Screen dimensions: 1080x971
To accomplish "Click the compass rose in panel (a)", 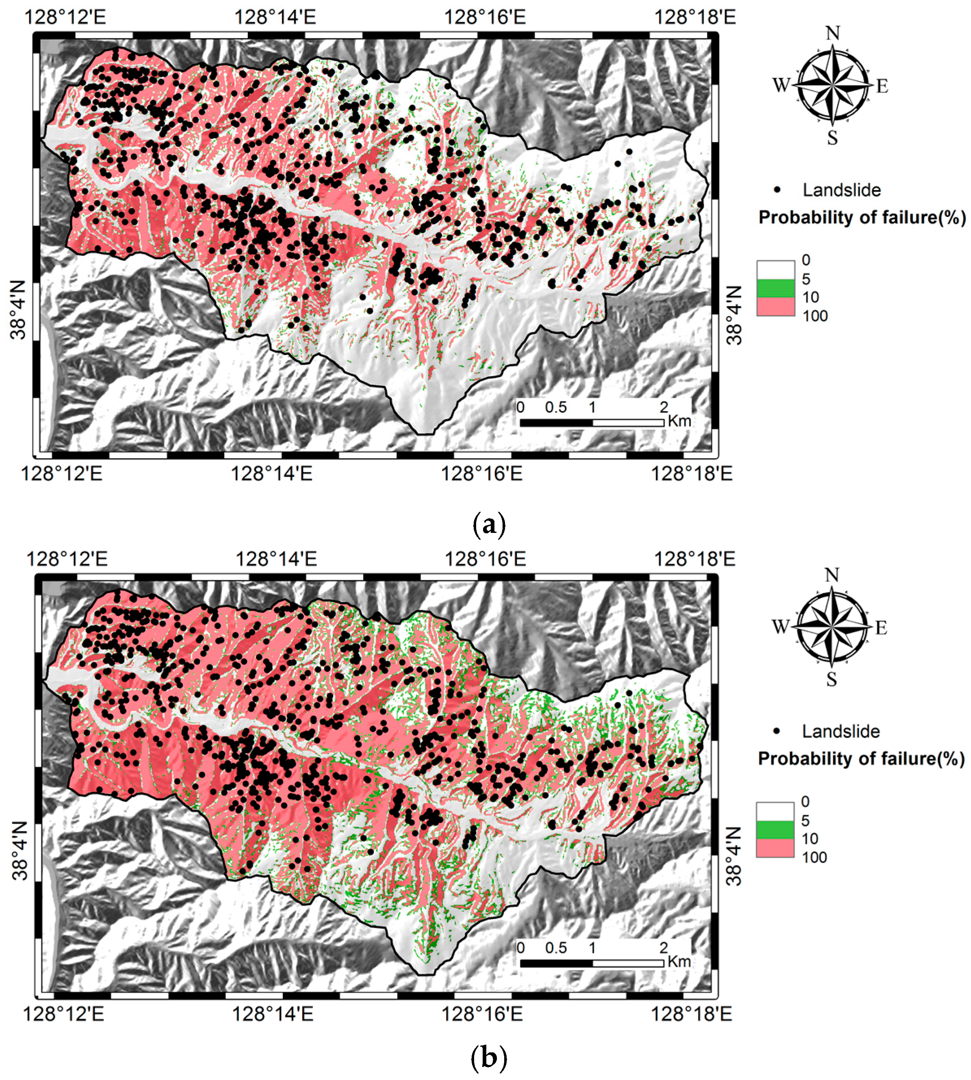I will pyautogui.click(x=832, y=85).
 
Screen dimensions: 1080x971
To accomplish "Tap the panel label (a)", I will pyautogui.click(x=489, y=525).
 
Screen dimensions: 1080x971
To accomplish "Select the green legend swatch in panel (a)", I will pyautogui.click(x=775, y=288).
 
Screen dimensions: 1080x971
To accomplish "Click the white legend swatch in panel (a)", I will pyautogui.click(x=775, y=269).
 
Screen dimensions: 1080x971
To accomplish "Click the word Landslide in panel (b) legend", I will pyautogui.click(x=841, y=731).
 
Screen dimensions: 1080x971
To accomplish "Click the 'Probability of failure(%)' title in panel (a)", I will pyautogui.click(x=862, y=218).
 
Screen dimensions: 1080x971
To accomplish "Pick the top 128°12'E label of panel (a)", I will pyautogui.click(x=65, y=17).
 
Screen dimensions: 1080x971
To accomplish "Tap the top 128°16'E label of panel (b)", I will pyautogui.click(x=485, y=559).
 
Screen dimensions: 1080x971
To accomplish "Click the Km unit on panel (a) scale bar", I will pyautogui.click(x=679, y=421).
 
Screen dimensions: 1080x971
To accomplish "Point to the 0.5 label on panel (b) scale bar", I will pyautogui.click(x=556, y=948).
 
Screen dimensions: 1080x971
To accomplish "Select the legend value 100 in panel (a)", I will pyautogui.click(x=815, y=316).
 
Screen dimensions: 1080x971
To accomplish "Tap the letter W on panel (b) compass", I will pyautogui.click(x=780, y=627).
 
